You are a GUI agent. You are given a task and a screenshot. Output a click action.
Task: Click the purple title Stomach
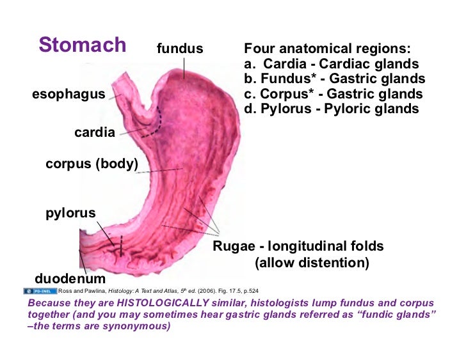[82, 45]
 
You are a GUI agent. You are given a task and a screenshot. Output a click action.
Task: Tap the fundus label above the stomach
[180, 49]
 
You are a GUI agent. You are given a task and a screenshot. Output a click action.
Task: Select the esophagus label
[68, 94]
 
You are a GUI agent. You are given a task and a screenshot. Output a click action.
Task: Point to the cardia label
[95, 132]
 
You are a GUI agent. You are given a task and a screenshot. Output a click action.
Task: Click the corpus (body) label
[92, 164]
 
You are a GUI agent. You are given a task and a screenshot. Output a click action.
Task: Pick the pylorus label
[70, 213]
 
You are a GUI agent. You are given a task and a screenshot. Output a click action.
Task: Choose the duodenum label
[70, 279]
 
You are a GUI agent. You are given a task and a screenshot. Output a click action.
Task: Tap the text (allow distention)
[312, 263]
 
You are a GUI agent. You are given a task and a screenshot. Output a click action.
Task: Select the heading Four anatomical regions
[327, 49]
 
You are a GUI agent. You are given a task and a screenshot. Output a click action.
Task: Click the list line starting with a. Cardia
[332, 64]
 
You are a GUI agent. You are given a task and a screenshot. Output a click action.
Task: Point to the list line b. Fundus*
[334, 79]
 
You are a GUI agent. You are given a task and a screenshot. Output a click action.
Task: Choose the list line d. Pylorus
[332, 109]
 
